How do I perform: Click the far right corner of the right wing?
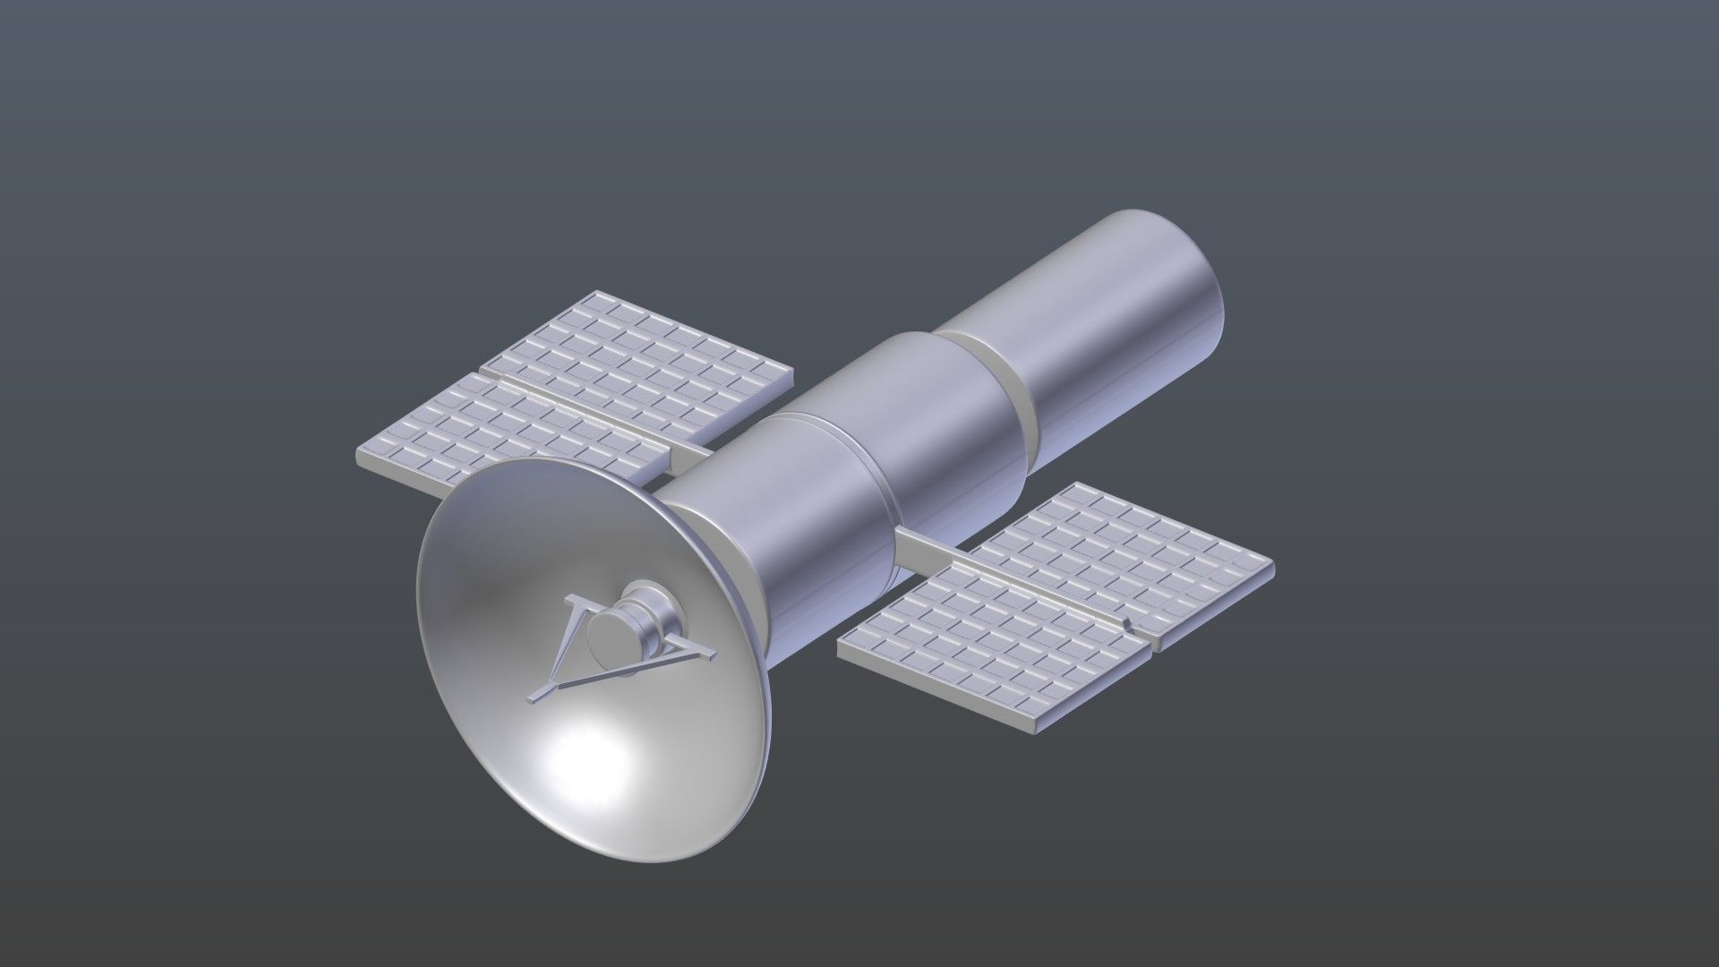tap(1271, 566)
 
